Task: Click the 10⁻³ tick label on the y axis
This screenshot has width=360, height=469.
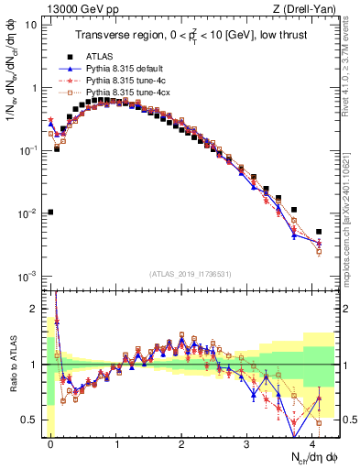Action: pos(27,276)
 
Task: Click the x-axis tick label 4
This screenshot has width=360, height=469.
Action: pos(312,442)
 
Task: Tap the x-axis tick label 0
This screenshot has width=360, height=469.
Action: pos(50,442)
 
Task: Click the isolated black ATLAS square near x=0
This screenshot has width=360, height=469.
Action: pos(50,212)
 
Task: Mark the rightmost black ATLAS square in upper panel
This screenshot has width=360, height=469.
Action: pos(319,232)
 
